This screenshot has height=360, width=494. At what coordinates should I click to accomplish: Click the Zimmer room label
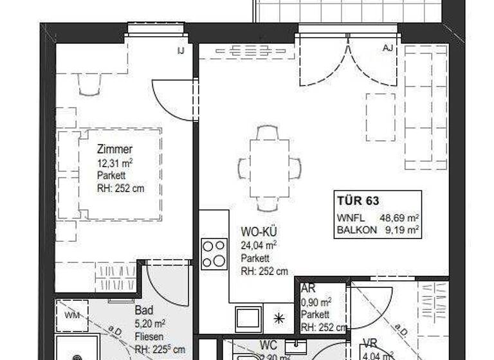pyautogui.click(x=114, y=150)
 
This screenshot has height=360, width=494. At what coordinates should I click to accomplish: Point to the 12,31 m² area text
pyautogui.click(x=114, y=163)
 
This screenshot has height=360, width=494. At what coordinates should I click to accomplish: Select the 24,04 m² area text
pyautogui.click(x=259, y=245)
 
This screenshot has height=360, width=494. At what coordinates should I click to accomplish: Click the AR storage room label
pyautogui.click(x=307, y=290)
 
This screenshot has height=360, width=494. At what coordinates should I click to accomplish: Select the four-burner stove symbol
pyautogui.click(x=214, y=253)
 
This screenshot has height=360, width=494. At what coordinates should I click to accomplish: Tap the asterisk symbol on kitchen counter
pyautogui.click(x=279, y=318)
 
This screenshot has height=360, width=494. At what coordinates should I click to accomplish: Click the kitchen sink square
pyautogui.click(x=248, y=318)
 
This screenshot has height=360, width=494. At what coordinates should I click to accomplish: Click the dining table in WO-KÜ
pyautogui.click(x=268, y=168)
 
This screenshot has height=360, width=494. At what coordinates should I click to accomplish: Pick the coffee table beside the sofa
pyautogui.click(x=380, y=117)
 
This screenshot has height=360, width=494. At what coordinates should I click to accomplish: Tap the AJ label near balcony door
pyautogui.click(x=387, y=49)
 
